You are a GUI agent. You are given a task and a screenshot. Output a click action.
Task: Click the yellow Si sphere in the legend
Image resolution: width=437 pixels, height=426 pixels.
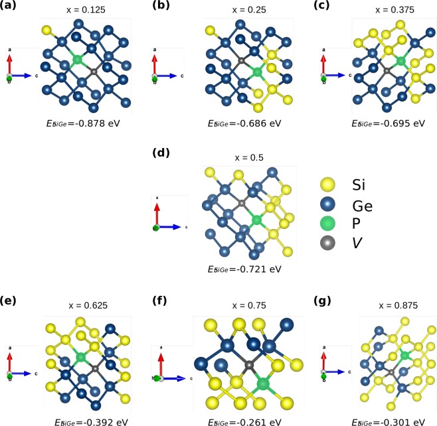point(327,182)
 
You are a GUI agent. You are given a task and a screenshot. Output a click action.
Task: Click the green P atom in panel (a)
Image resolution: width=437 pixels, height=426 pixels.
point(78,60)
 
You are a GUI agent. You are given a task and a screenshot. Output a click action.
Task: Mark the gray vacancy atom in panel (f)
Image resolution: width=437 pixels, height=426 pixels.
point(249,364)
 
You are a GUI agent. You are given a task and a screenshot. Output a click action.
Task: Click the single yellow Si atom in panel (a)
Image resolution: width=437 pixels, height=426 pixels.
point(46,30)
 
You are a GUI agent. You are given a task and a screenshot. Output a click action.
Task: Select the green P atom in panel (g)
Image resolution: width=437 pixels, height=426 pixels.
point(404,356)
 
